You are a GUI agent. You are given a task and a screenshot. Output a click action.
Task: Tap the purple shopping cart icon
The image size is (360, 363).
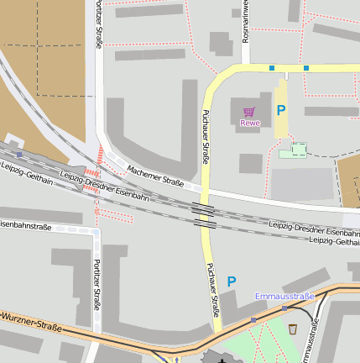[x=248, y=111]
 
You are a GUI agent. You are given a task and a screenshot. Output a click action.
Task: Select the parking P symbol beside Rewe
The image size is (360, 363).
[x=281, y=110]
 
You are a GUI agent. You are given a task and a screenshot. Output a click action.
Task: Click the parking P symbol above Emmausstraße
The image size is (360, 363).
[x=232, y=281]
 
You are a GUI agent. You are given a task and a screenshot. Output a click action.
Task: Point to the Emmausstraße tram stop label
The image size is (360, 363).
[x=284, y=296]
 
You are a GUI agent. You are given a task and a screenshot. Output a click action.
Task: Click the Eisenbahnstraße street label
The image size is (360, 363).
[x=26, y=226]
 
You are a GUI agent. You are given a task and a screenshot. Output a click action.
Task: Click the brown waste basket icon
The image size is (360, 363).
[x=292, y=329]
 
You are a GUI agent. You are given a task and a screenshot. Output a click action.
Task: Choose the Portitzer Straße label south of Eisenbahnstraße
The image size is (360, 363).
[x=96, y=285]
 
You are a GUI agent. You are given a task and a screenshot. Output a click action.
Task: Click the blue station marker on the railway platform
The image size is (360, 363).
[x=18, y=155]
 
